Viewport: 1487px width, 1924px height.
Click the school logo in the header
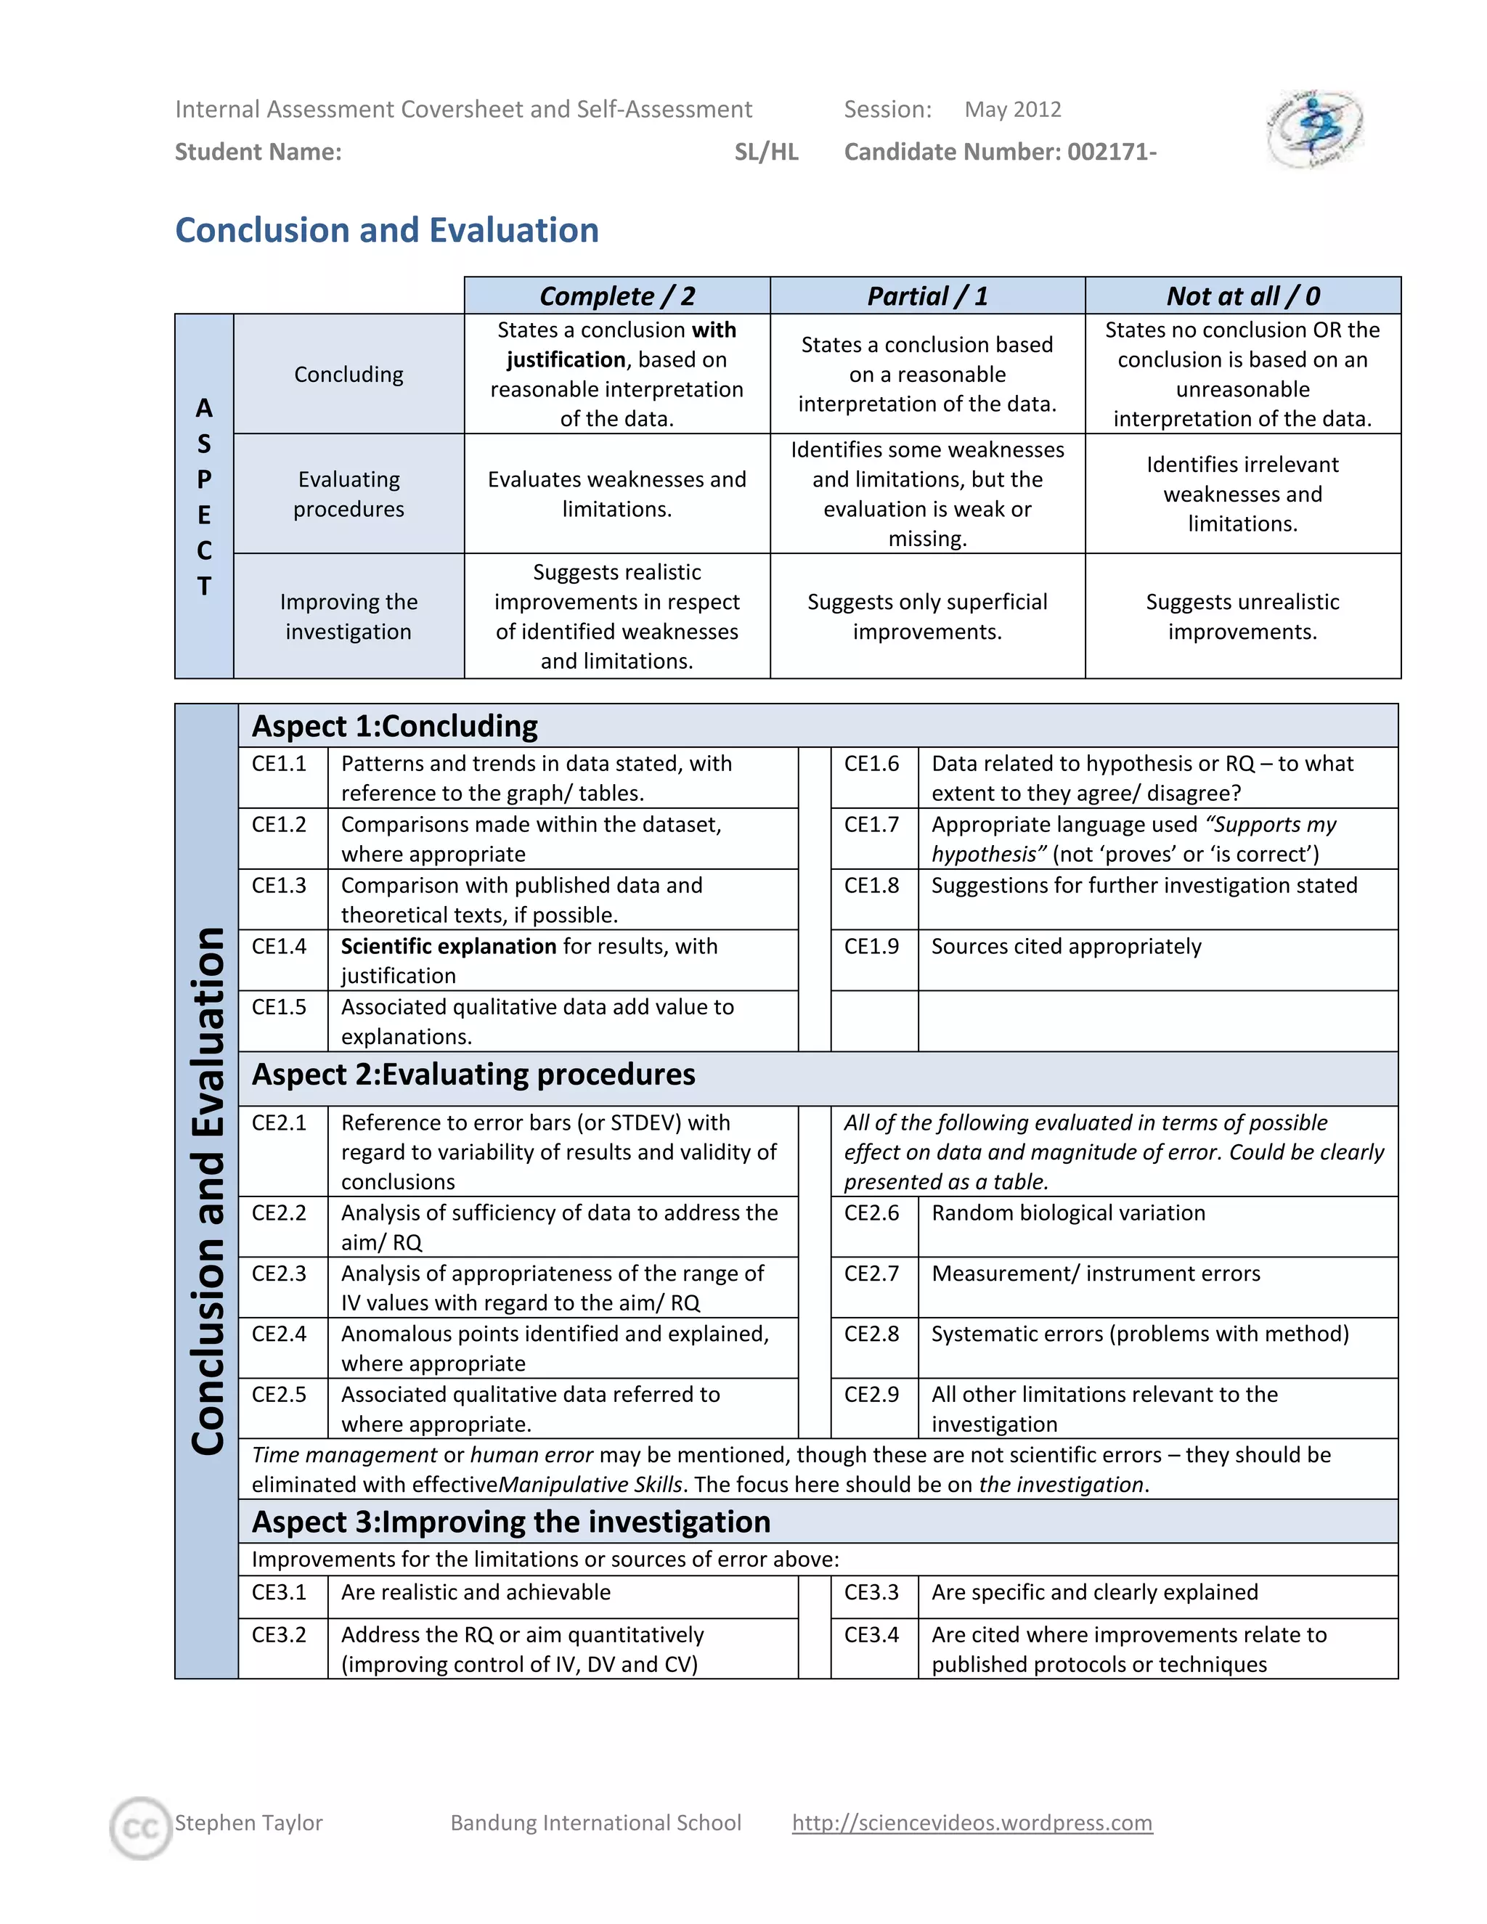pos(1314,129)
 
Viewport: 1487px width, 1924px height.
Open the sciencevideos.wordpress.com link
pos(971,1822)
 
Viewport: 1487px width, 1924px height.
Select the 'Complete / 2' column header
pos(616,296)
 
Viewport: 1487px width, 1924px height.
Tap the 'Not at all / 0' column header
pos(1242,296)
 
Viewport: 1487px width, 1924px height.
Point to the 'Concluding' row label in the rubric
pos(348,375)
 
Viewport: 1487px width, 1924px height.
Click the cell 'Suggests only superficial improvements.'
pos(926,616)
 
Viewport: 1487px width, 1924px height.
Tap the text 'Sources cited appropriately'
pos(1066,946)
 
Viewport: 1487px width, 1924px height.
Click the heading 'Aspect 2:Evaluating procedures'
pos(473,1075)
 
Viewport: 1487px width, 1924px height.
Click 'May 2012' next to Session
pos(1012,109)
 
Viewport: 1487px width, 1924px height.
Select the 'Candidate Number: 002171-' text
pos(1000,152)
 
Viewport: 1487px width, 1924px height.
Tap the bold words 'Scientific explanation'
pos(447,946)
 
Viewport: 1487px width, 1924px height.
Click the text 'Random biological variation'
pos(1067,1213)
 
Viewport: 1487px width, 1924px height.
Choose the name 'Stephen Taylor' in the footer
pos(248,1822)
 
